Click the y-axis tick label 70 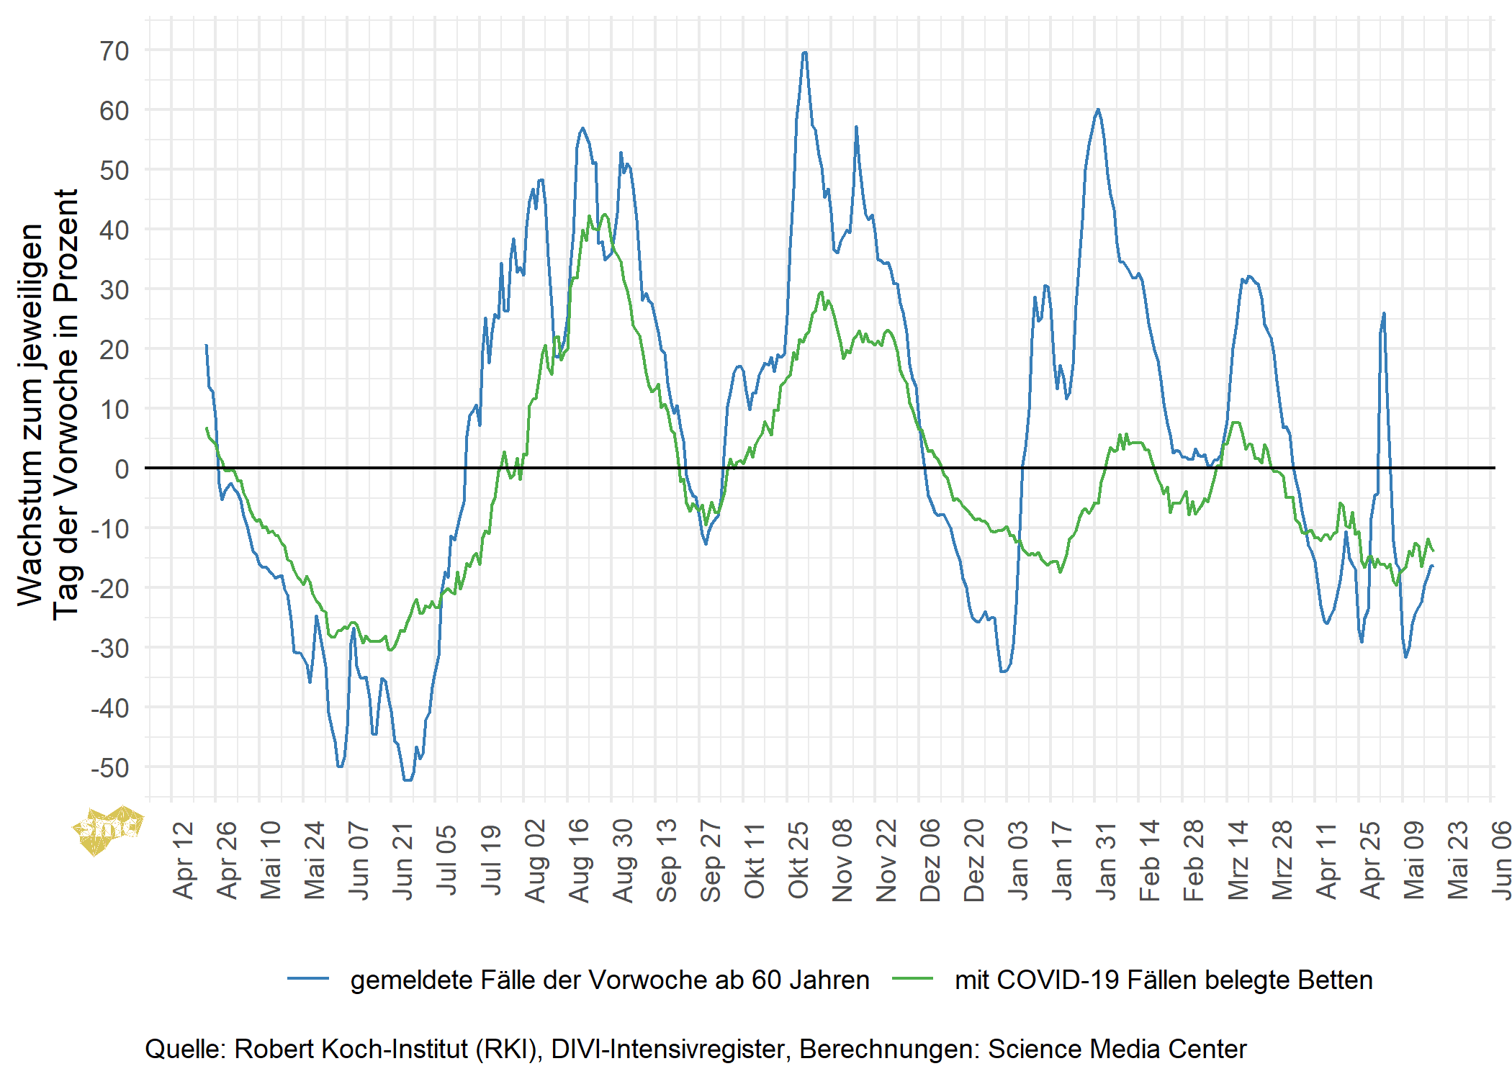point(114,51)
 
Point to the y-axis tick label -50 point(110,768)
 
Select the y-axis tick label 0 point(122,469)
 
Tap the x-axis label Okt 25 point(798,859)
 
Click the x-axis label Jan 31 point(1106,859)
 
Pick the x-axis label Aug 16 point(579,859)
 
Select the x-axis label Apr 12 point(184,859)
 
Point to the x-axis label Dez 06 point(930,859)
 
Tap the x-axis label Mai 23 point(1458,859)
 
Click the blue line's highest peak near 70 point(804,53)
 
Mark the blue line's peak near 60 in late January point(1098,110)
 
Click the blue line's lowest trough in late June point(408,780)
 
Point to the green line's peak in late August point(605,215)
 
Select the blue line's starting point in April point(206,346)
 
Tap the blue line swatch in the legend point(308,979)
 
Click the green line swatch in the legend point(912,979)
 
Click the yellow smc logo point(108,829)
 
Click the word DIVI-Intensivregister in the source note point(667,1049)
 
